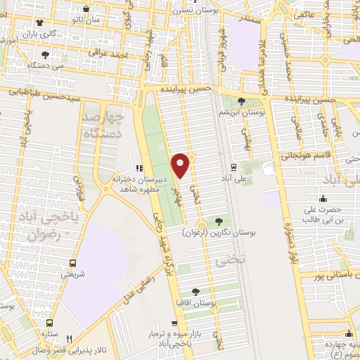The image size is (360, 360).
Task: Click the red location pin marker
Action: coord(181,165)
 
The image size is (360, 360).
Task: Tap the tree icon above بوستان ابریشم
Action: coord(241,101)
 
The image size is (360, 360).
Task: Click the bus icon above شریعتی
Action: coord(73,264)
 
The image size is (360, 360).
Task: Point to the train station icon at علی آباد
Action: coord(233,167)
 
